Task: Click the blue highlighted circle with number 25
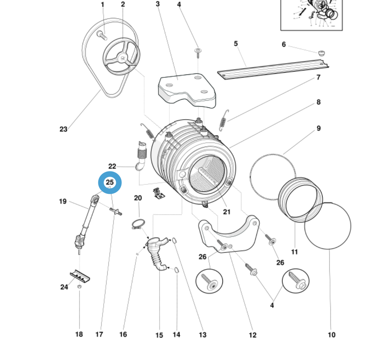pyautogui.click(x=110, y=183)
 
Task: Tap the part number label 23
pyautogui.click(x=64, y=129)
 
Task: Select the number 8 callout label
pyautogui.click(x=318, y=102)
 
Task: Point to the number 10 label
pyautogui.click(x=332, y=335)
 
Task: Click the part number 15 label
pyautogui.click(x=159, y=335)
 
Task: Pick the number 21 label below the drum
pyautogui.click(x=227, y=212)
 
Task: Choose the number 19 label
pyautogui.click(x=63, y=202)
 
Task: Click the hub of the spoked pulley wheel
pyautogui.click(x=121, y=58)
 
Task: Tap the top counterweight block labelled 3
pyautogui.click(x=187, y=89)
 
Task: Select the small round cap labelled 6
pyautogui.click(x=321, y=52)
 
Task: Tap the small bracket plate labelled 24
pyautogui.click(x=80, y=275)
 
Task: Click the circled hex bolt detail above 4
pyautogui.click(x=295, y=281)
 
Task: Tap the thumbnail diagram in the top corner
pyautogui.click(x=311, y=14)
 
